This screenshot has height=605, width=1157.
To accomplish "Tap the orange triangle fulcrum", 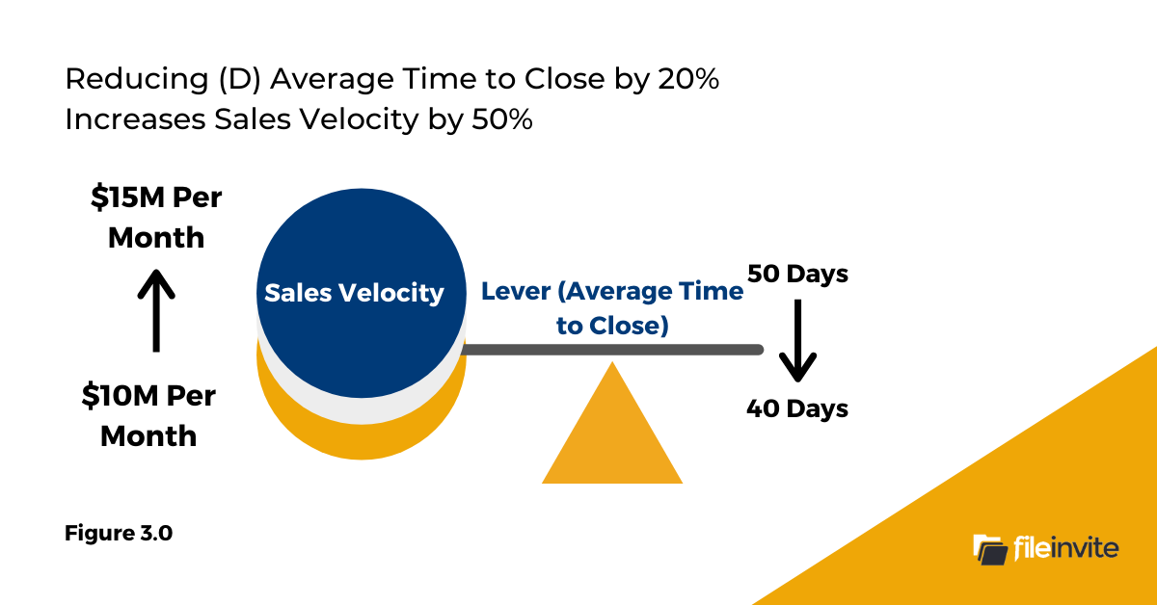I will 612,434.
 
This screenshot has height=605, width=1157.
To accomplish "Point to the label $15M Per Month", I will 156,218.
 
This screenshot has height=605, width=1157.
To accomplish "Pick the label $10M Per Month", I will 148,415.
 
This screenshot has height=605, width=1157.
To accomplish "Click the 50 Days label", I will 797,274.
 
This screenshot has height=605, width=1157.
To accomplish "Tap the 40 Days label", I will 797,408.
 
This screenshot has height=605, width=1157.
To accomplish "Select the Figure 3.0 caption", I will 119,533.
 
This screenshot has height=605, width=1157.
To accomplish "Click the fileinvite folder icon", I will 990,549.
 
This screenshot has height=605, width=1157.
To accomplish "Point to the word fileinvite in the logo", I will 1065,549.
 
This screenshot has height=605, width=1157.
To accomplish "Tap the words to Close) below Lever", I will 612,326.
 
